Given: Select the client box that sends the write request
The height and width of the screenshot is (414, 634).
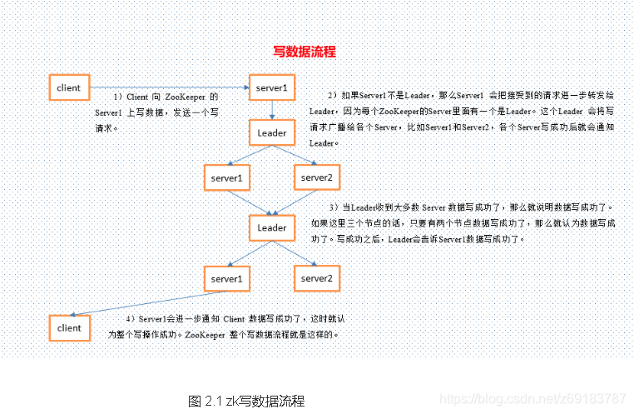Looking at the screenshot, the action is coord(69,87).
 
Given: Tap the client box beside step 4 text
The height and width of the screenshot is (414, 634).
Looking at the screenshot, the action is coord(69,328).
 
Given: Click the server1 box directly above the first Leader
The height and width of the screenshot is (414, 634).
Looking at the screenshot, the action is coord(272,87).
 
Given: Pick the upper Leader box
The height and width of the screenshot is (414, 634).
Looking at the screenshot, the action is coord(272,133).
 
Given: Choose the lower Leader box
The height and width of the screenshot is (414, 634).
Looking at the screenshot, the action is coord(272,227).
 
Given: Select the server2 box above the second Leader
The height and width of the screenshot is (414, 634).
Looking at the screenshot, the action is coord(316,178).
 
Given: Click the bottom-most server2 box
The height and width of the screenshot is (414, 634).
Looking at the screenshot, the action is coord(316,278).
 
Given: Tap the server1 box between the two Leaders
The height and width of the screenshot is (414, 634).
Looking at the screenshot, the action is coord(226,178).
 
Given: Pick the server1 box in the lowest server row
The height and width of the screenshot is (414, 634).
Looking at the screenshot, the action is coord(226,278).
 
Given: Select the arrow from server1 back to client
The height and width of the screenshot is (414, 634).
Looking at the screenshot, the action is coord(141,304).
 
